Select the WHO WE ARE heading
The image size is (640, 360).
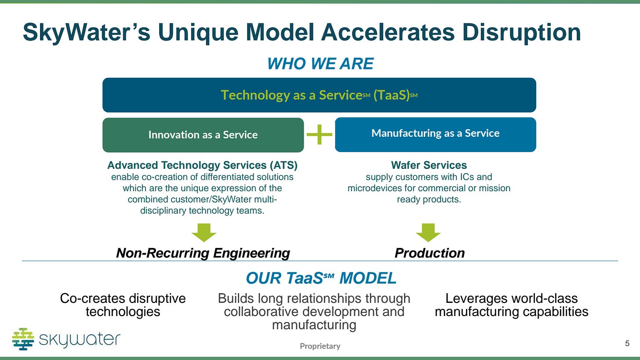click(320, 64)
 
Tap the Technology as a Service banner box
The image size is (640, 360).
click(319, 95)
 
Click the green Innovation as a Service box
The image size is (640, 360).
click(203, 135)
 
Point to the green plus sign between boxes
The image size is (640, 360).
click(320, 135)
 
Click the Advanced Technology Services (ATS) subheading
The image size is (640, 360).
click(202, 165)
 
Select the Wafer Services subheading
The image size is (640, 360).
click(429, 165)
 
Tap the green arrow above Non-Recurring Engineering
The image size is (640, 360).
click(204, 232)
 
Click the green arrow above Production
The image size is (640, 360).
click(428, 232)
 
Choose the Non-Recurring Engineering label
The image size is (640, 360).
click(203, 253)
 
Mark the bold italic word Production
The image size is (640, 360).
click(429, 253)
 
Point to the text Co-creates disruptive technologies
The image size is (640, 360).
click(123, 305)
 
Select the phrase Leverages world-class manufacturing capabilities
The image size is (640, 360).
click(511, 305)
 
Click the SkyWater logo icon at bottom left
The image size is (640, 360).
click(23, 339)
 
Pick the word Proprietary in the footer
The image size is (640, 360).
click(320, 346)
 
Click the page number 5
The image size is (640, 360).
click(627, 343)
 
